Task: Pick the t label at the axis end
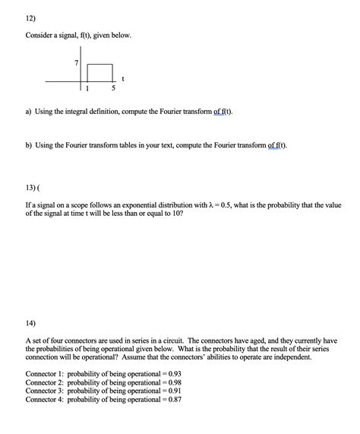pos(123,78)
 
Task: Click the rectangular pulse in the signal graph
pos(100,72)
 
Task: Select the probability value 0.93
pos(173,375)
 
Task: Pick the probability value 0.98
pos(173,383)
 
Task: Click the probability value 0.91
pos(173,391)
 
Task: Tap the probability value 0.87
pos(173,400)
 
